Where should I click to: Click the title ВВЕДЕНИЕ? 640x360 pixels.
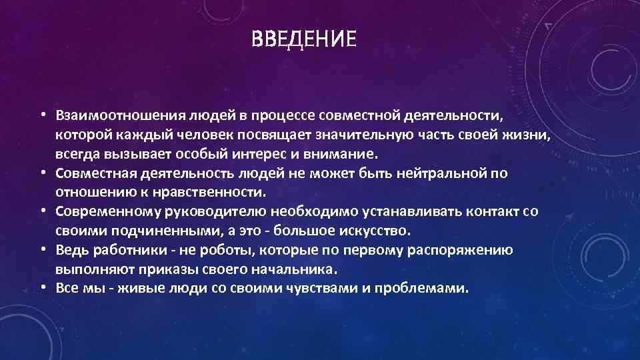[304, 39]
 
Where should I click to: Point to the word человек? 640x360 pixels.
[217, 136]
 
